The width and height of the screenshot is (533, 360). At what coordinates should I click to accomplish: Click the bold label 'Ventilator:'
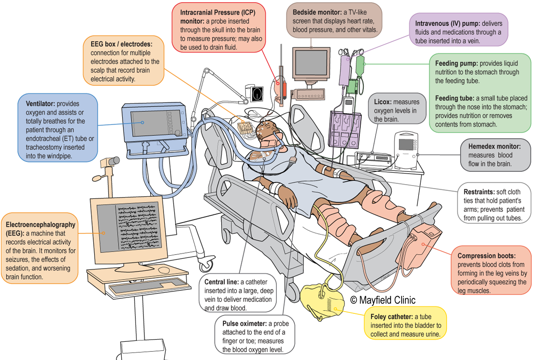[x=39, y=104]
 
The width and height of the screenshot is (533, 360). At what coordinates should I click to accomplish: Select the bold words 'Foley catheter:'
[x=391, y=317]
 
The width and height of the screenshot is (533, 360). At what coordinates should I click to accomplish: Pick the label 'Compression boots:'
[x=486, y=256]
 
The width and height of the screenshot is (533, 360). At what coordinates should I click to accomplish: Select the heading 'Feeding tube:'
[x=456, y=98]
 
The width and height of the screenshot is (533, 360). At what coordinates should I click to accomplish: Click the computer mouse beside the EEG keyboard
[x=164, y=270]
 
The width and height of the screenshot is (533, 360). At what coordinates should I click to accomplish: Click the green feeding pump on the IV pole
[x=354, y=85]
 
